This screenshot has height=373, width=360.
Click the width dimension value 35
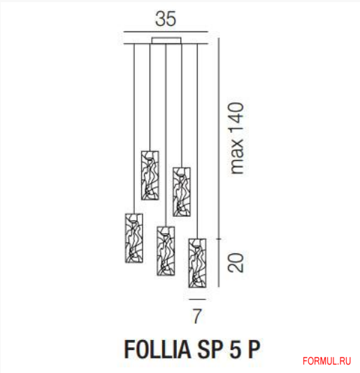point(166,17)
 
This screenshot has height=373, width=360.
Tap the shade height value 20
point(238,262)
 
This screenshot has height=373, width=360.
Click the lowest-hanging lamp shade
point(197,263)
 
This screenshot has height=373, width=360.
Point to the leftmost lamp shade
point(132,238)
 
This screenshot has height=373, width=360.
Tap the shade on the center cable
point(166,251)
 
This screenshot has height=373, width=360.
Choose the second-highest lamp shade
point(182,190)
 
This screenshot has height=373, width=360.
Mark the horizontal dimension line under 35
point(166,32)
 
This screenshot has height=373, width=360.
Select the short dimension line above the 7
point(197,297)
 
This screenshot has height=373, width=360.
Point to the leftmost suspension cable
point(133,126)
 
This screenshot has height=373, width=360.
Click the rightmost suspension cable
point(198,140)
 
